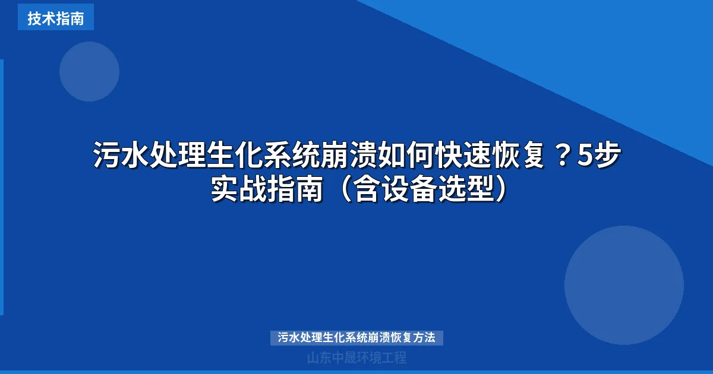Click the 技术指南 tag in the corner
click(x=55, y=18)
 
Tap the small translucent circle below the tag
click(x=89, y=71)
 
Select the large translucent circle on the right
click(x=624, y=285)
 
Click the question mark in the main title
click(x=563, y=156)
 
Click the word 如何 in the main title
click(x=406, y=156)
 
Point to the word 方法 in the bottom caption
click(x=425, y=338)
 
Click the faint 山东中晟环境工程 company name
click(x=356, y=357)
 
